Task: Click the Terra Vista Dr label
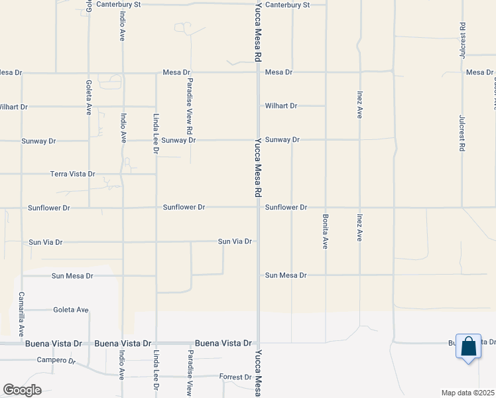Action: coord(73,174)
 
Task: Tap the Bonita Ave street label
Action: coord(326,232)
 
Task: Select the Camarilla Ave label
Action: coord(21,314)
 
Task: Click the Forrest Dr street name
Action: coord(235,377)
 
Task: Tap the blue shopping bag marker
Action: coord(468,347)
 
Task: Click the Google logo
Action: coord(22,389)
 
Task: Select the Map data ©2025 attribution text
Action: coord(467,393)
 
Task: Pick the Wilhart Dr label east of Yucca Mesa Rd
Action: coord(281,105)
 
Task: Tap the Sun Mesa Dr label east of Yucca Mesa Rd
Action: coord(286,275)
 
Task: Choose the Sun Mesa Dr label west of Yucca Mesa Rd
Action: coord(72,275)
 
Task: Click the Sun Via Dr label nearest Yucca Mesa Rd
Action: coord(235,241)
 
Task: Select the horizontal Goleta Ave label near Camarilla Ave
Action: coord(71,309)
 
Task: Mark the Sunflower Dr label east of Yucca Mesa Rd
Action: coord(286,208)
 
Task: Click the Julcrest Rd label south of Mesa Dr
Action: coord(462,133)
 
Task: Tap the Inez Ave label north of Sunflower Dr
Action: coord(359,104)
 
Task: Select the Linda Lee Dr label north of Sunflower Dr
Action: coord(156,133)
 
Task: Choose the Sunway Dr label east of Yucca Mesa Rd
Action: coord(282,140)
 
